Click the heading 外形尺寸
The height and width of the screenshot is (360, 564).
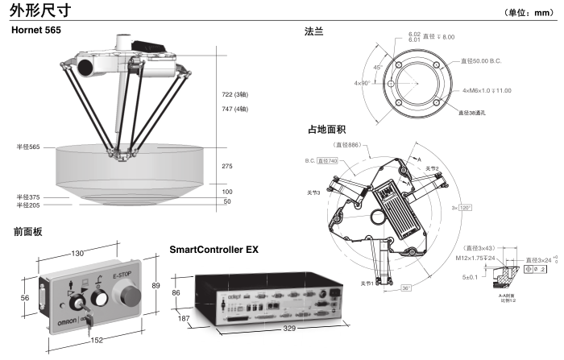[41, 10]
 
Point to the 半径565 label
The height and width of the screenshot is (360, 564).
[28, 147]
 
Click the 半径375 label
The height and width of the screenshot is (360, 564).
[28, 197]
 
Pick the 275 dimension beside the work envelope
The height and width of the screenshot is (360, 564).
[229, 165]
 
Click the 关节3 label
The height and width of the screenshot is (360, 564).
[314, 193]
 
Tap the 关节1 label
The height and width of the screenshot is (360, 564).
[367, 283]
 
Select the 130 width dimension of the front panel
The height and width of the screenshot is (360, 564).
[77, 254]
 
